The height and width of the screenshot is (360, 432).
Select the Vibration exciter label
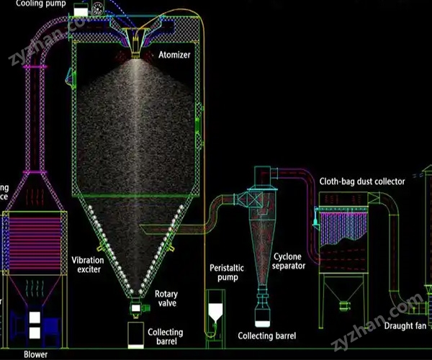coord(87,264)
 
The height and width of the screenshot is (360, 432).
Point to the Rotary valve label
coord(166,298)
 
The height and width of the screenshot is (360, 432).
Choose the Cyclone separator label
coord(289,261)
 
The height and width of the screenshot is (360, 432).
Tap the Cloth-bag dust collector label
coord(362,181)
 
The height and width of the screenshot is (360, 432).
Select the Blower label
coord(35,354)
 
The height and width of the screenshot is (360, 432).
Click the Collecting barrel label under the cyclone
coord(267,336)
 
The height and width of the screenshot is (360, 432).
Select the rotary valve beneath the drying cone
coord(135,308)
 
